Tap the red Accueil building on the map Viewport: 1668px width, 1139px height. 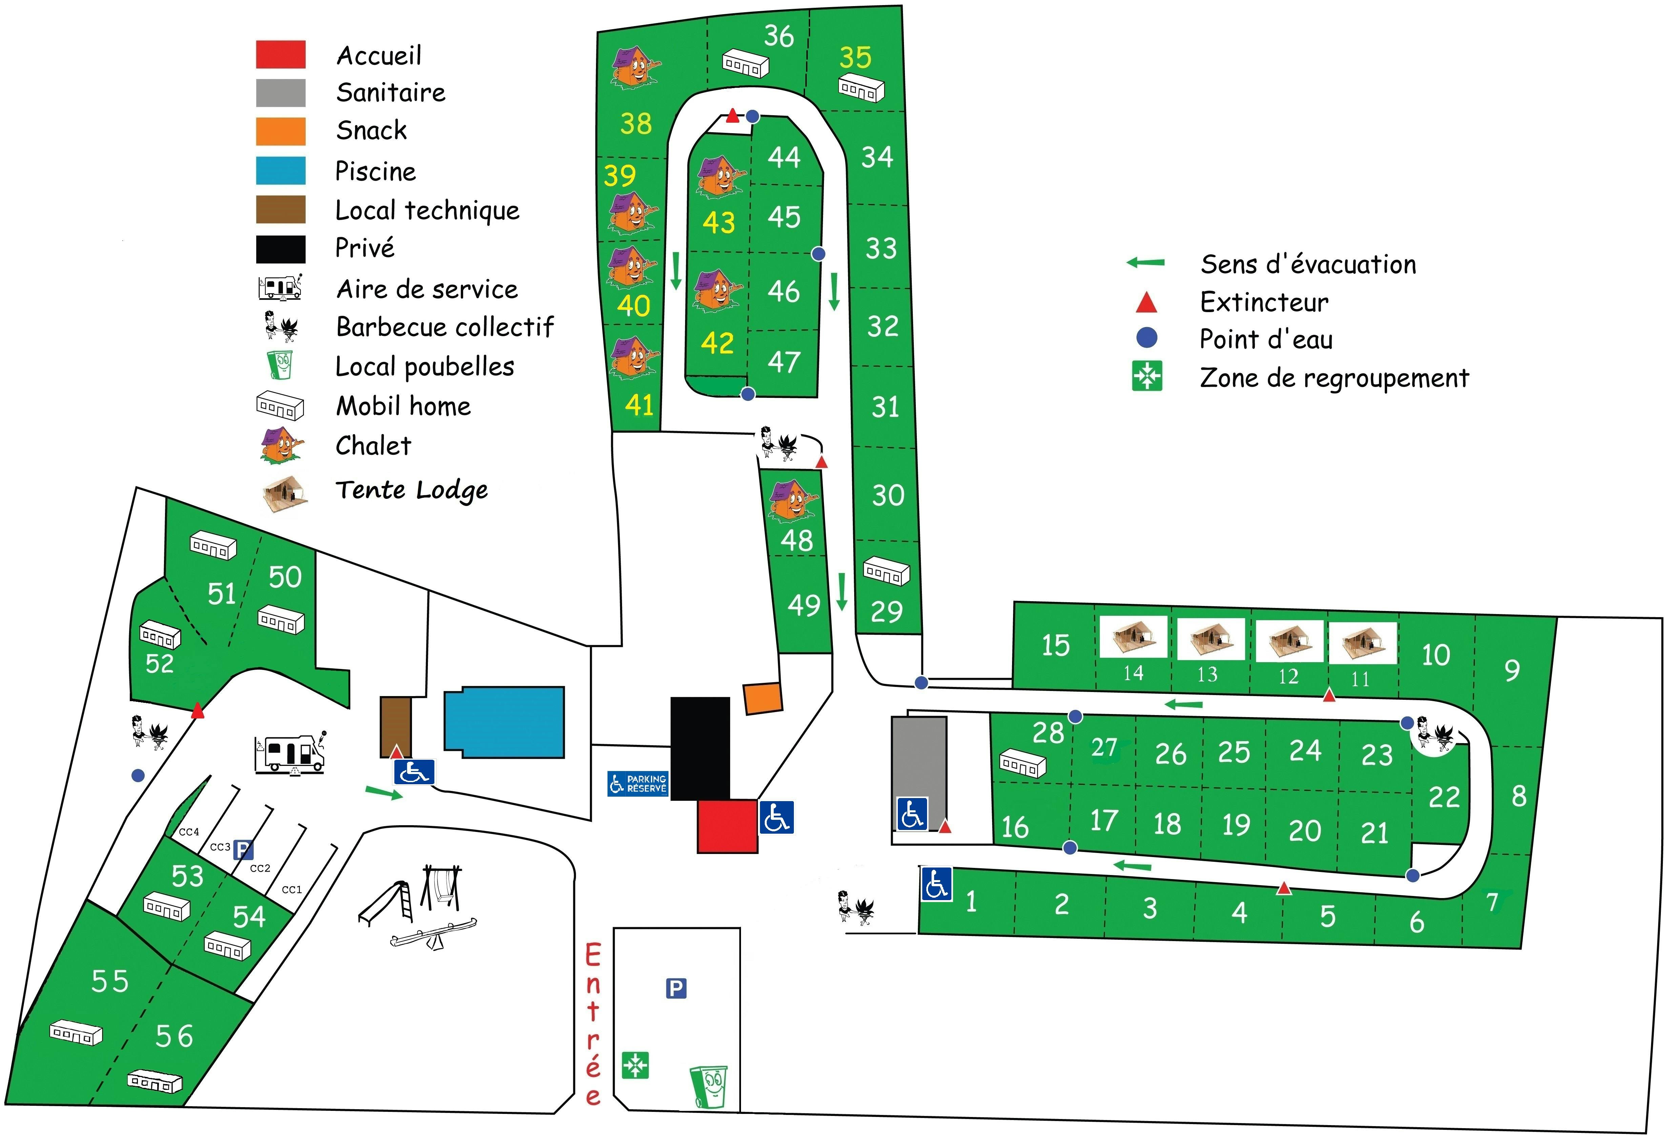click(x=727, y=826)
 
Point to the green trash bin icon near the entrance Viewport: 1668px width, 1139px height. click(x=709, y=1086)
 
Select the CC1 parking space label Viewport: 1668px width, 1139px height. click(x=291, y=889)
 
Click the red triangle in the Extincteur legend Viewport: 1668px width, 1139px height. click(x=1146, y=303)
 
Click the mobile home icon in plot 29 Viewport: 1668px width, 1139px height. click(x=886, y=571)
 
